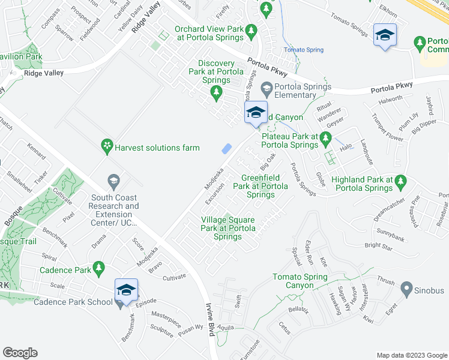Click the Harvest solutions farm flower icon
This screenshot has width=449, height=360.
(107, 146)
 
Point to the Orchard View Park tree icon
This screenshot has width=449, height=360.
(252, 29)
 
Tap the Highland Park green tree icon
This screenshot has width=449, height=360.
(402, 180)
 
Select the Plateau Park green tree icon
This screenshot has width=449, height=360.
(325, 139)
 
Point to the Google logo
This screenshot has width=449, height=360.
(20, 353)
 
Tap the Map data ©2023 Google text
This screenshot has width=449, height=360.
(411, 355)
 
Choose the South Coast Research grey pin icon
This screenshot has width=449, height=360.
(112, 180)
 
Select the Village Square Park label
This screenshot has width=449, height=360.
(228, 229)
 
